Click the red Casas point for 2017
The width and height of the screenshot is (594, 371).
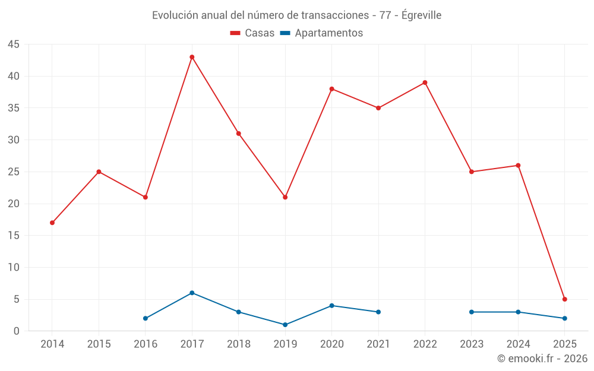click(x=192, y=57)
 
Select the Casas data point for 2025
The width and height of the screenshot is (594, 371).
click(x=564, y=299)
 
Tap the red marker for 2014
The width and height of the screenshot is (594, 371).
click(x=52, y=223)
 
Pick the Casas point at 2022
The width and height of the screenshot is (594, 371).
click(x=425, y=83)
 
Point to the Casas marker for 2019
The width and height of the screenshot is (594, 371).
click(x=285, y=197)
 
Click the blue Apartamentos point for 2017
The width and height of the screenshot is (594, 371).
click(x=192, y=293)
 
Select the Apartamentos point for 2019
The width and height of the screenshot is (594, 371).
click(x=285, y=325)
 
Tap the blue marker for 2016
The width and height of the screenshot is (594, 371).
click(x=146, y=318)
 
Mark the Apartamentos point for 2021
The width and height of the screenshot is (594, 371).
click(x=378, y=312)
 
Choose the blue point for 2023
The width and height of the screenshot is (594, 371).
click(x=472, y=312)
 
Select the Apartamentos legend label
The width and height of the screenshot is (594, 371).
click(x=328, y=33)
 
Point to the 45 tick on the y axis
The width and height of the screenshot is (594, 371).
click(x=14, y=45)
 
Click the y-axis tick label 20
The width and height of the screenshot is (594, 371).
click(x=14, y=204)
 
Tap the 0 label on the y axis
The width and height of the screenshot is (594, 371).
click(x=17, y=331)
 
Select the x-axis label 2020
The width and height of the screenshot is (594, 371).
click(x=331, y=344)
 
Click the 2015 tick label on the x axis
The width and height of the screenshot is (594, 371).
click(x=99, y=344)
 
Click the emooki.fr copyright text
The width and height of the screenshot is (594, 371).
click(x=542, y=359)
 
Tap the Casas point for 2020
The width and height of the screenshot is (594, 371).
click(x=331, y=89)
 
